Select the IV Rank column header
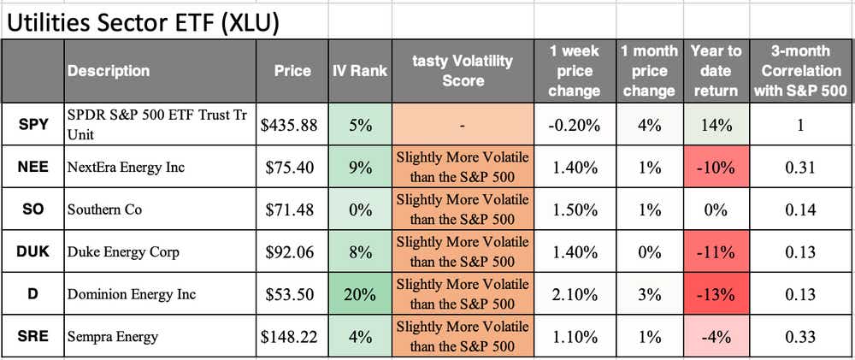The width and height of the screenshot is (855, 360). pyautogui.click(x=359, y=71)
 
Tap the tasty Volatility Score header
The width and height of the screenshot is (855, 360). pyautogui.click(x=463, y=71)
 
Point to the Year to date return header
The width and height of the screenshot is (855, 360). pyautogui.click(x=716, y=71)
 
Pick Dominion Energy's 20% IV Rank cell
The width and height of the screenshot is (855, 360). pyautogui.click(x=359, y=294)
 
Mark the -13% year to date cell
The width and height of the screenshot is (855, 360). pyautogui.click(x=716, y=294)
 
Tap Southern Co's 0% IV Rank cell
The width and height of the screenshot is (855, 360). pyautogui.click(x=359, y=210)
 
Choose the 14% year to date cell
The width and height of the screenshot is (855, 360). pyautogui.click(x=716, y=125)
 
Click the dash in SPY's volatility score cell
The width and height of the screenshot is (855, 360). pyautogui.click(x=463, y=125)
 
